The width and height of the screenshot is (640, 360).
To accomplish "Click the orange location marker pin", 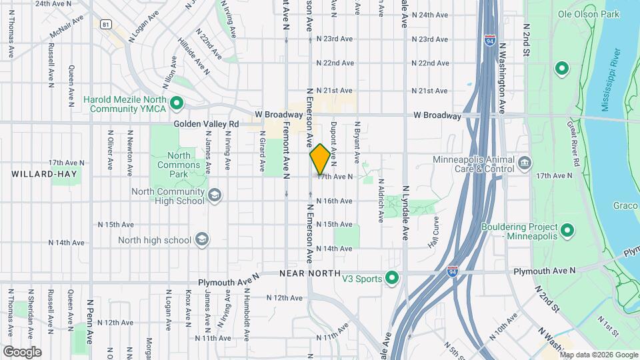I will (320, 159).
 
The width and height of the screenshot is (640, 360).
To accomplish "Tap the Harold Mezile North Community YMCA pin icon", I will (177, 103).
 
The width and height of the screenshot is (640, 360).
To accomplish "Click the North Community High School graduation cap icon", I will (215, 194).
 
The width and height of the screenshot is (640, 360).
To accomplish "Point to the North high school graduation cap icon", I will (201, 240).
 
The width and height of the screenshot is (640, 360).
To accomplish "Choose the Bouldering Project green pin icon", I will (567, 231).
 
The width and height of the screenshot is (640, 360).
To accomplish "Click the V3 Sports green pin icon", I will (392, 277).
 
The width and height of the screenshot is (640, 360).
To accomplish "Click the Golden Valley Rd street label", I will (206, 124).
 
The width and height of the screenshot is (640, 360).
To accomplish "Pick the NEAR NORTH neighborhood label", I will (311, 273).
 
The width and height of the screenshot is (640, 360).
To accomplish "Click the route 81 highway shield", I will (105, 24).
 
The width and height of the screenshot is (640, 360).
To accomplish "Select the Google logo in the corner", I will (22, 351).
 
